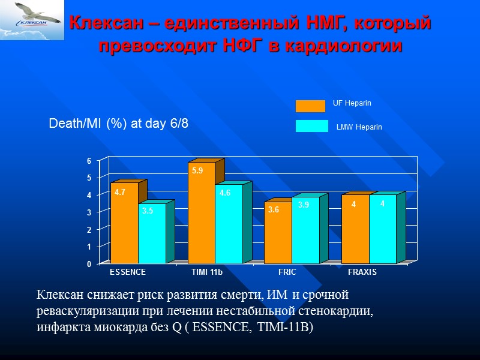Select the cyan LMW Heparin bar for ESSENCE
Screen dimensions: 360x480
[152, 234]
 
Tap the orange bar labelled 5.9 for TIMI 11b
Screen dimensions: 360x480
[201, 213]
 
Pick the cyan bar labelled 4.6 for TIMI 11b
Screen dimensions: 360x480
[229, 225]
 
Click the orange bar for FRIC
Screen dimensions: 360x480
[278, 234]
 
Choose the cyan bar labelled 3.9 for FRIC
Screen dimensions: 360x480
[305, 231]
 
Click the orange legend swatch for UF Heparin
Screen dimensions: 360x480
[310, 106]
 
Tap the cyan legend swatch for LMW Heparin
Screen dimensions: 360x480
[311, 126]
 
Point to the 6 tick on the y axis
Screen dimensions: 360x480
[89, 161]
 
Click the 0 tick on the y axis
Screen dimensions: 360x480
[89, 264]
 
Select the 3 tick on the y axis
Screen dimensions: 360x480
[89, 213]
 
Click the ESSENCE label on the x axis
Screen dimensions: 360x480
[127, 272]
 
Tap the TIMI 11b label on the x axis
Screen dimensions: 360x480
[206, 272]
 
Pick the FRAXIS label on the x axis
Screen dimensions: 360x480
[362, 272]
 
